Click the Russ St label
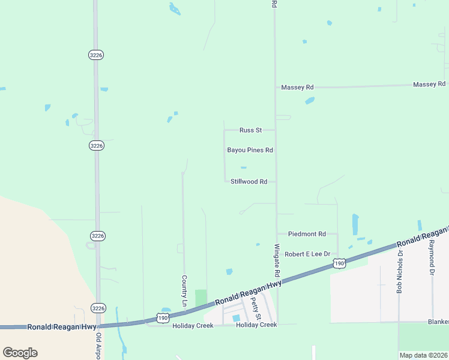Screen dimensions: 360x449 pos(251,130)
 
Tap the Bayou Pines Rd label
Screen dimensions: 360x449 pos(250,150)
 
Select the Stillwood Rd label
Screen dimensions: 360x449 pos(249,181)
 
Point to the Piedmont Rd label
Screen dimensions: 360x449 pos(307,234)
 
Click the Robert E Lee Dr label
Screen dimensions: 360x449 pos(307,254)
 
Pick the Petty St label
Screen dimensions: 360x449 pos(256,308)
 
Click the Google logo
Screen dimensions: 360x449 pos(20,353)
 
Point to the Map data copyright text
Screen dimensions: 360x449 pos(423,355)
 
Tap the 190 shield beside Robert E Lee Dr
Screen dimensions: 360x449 pos(339,263)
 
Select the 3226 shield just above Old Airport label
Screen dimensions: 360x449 pos(97,308)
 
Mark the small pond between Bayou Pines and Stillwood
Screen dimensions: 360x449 pos(243,167)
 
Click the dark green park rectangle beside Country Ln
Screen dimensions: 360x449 pos(200,298)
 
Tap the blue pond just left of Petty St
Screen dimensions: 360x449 pos(236,318)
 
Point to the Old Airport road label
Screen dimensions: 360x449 pos(98,348)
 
